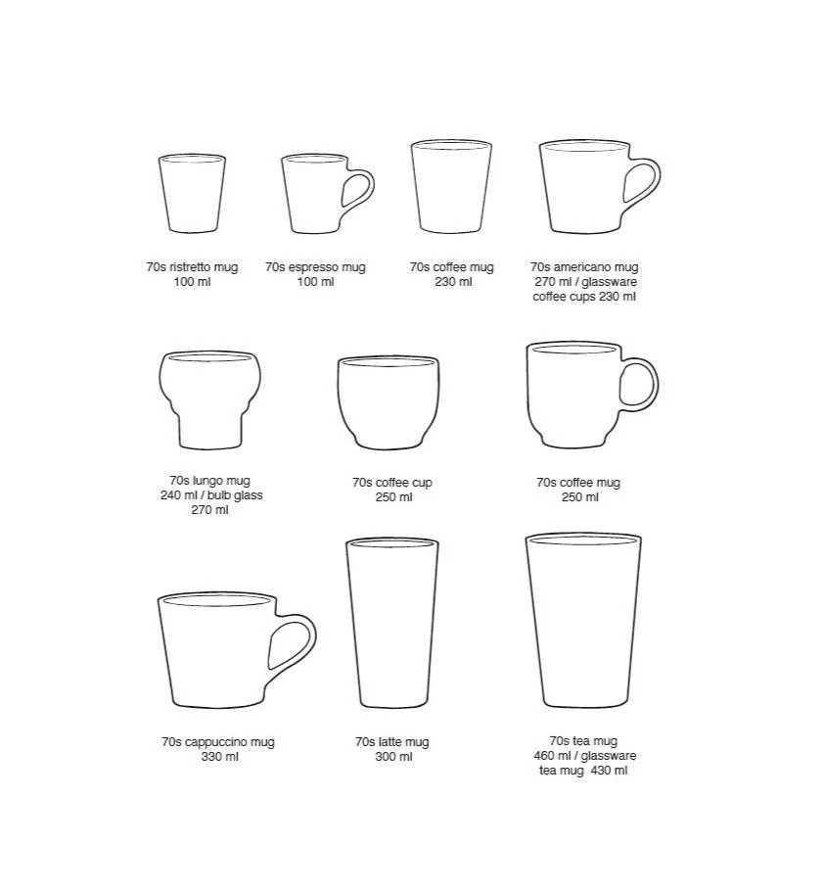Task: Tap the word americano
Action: click(x=581, y=266)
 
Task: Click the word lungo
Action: click(x=209, y=481)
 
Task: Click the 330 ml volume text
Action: click(x=220, y=757)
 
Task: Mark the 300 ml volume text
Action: click(x=393, y=757)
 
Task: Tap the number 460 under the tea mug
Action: click(x=544, y=756)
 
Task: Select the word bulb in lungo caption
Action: click(x=219, y=494)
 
